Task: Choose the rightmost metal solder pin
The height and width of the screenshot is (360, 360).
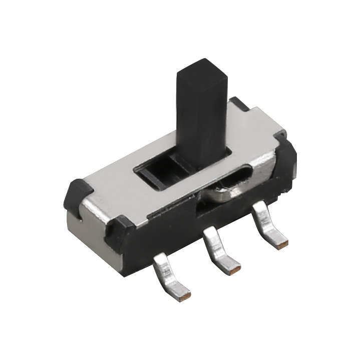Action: [x=267, y=224]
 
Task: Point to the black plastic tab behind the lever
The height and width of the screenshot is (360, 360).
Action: [x=239, y=103]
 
